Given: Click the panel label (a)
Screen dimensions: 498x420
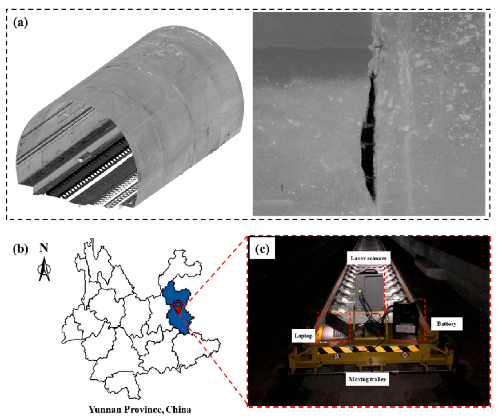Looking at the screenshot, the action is (x=20, y=23).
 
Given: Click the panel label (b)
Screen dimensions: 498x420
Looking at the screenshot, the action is (x=20, y=249).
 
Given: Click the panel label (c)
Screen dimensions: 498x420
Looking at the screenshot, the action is (x=262, y=249).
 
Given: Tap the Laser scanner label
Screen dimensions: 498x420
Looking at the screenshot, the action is (x=368, y=258).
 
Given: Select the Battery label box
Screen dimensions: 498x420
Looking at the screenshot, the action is (x=446, y=324).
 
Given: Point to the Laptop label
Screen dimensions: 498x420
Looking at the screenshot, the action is (x=303, y=336).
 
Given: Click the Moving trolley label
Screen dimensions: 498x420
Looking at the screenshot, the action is (x=367, y=379).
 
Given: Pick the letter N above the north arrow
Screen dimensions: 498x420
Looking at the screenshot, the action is (x=44, y=248).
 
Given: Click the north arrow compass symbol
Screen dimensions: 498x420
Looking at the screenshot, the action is (x=44, y=269).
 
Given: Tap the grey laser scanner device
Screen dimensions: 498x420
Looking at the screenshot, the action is (x=369, y=289).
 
